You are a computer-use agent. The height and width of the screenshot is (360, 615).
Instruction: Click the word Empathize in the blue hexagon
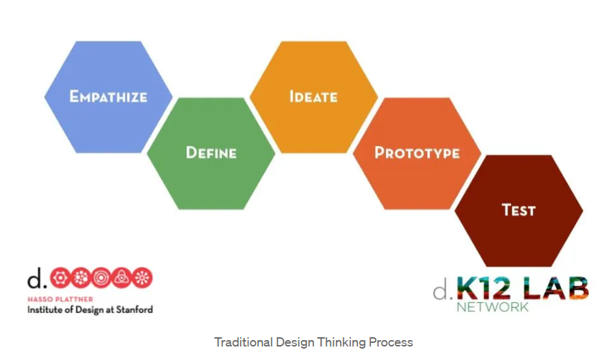108,96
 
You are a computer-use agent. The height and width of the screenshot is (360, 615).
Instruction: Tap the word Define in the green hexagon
211,152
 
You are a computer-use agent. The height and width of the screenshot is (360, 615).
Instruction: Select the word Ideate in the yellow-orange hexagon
313,96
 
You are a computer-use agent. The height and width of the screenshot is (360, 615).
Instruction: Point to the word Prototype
416,152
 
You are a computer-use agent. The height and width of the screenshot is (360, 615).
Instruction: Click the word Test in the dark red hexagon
518,210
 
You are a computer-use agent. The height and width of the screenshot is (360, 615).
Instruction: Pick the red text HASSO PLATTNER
56,300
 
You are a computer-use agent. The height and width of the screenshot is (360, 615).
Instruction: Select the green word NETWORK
493,307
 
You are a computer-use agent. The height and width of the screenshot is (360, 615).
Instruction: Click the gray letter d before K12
441,292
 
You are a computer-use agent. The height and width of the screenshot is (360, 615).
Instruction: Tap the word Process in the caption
391,342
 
